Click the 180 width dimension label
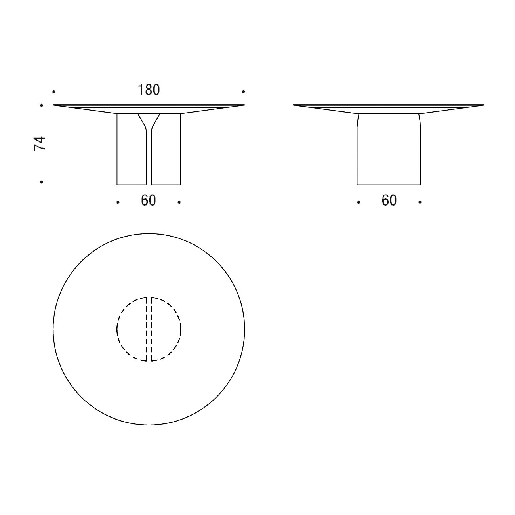tap(149, 90)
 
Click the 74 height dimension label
tap(40, 143)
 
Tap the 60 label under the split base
tap(149, 201)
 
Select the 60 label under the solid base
tap(389, 201)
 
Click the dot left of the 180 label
tap(54, 92)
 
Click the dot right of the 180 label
tap(244, 92)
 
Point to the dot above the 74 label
tap(42, 105)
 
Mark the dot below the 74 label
tap(42, 182)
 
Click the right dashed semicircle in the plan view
tap(166, 329)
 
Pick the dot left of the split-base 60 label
tap(118, 202)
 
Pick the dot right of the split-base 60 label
tap(179, 202)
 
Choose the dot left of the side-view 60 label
tap(359, 202)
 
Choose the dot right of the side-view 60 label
tap(420, 202)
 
